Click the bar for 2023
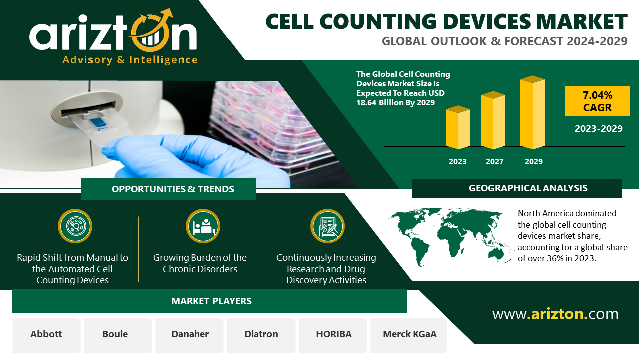coord(458,127)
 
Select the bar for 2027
coord(493,120)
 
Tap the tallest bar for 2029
coord(532,112)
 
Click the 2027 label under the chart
coord(494,161)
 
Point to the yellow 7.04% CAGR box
coord(597,101)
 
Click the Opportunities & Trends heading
coord(173,189)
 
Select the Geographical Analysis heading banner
coord(517,188)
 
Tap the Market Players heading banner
coord(210,301)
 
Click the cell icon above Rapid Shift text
coord(75,226)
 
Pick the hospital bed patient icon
coord(203,226)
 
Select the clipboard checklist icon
coord(327,226)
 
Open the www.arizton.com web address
coord(555,314)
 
